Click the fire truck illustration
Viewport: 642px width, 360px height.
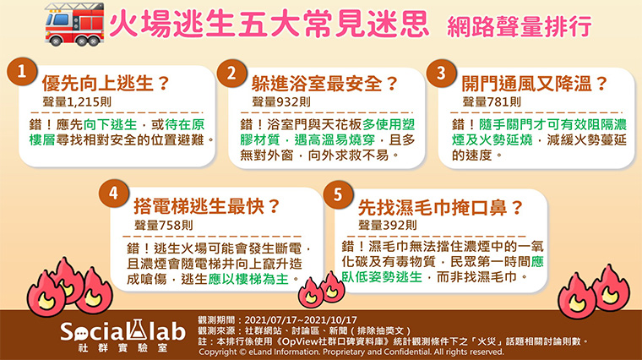click(x=74, y=25)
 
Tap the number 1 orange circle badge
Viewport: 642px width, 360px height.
click(x=22, y=72)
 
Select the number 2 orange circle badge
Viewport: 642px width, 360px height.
click(x=231, y=74)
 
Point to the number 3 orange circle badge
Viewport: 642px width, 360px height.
click(x=441, y=74)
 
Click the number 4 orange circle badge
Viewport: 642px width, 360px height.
click(x=114, y=193)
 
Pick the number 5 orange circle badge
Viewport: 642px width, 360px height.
click(x=338, y=194)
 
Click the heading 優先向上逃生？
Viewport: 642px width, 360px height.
click(x=106, y=84)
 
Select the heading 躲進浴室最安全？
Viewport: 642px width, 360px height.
click(x=324, y=84)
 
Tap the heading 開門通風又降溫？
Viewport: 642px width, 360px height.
click(x=535, y=84)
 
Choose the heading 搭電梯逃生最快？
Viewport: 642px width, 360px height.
click(x=207, y=206)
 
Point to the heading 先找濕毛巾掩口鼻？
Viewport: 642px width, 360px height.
click(x=441, y=208)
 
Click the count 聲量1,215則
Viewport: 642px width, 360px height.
click(x=77, y=102)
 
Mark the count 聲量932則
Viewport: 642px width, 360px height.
click(x=281, y=102)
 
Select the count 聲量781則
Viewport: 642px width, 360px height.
click(x=492, y=102)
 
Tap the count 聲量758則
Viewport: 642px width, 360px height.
click(x=164, y=225)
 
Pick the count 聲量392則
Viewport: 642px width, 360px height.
click(x=388, y=225)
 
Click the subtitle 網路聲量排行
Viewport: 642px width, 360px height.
click(x=520, y=27)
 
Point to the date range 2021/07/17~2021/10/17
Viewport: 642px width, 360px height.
click(x=301, y=320)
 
